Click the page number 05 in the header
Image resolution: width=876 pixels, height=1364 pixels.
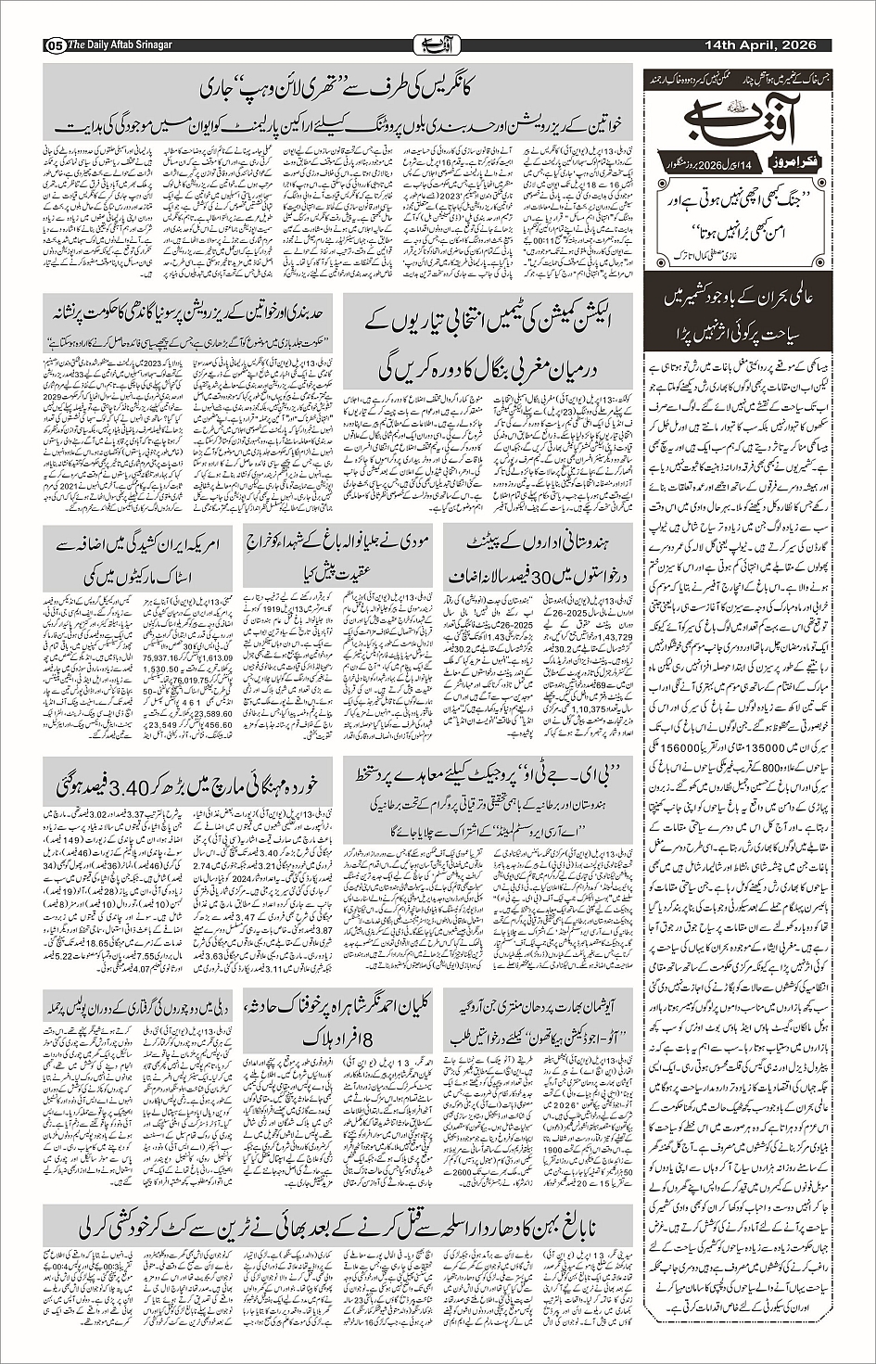click(52, 46)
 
